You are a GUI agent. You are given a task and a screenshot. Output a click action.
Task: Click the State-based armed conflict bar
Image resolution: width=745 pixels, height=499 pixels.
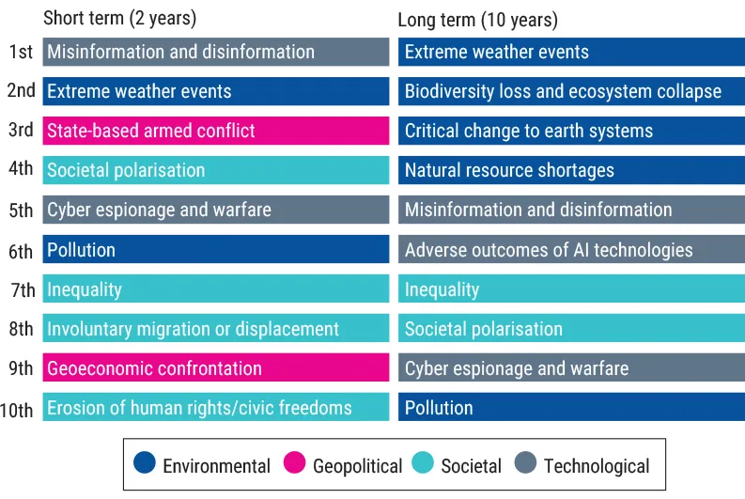(x=215, y=131)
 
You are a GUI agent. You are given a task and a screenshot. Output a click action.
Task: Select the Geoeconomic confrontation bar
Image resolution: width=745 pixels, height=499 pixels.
(x=215, y=368)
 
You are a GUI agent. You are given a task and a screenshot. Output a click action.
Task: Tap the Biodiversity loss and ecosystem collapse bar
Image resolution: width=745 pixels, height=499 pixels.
(x=571, y=91)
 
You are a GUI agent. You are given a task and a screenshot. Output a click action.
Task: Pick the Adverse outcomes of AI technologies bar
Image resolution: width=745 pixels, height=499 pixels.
(x=571, y=250)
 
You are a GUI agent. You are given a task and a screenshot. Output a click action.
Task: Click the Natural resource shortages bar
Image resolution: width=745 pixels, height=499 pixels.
(x=571, y=170)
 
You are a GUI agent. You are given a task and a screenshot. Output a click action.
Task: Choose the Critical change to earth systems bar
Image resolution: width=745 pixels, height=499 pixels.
(x=571, y=131)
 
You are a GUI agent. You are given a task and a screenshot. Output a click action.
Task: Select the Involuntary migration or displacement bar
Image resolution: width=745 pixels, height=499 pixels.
(x=215, y=329)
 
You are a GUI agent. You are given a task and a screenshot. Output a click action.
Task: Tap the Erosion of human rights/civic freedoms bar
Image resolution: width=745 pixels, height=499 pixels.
(x=215, y=408)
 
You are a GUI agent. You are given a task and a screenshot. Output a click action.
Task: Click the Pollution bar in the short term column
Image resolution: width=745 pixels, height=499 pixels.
(x=215, y=250)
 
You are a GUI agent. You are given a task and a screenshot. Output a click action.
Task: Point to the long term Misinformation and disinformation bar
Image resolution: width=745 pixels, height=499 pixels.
(x=571, y=210)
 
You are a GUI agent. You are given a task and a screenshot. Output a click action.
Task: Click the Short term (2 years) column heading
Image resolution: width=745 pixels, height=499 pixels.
(x=119, y=19)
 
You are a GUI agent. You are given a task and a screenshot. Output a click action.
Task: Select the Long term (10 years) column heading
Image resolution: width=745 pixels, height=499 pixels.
(x=477, y=20)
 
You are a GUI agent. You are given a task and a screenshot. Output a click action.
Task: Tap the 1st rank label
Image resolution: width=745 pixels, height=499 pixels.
(x=21, y=52)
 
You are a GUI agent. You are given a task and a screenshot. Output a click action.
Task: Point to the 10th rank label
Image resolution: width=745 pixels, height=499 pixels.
(x=17, y=409)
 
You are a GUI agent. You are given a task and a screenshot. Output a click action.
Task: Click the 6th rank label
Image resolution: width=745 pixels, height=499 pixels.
(x=21, y=251)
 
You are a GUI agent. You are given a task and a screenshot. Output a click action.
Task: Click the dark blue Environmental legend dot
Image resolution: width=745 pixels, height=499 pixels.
(x=145, y=464)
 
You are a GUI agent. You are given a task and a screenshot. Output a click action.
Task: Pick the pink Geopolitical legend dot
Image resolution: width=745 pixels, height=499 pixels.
(x=295, y=464)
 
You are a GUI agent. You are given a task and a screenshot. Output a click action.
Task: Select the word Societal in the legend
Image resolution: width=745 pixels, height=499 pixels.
(x=471, y=465)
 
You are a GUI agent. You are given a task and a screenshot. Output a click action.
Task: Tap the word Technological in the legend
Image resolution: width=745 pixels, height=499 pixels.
(x=597, y=465)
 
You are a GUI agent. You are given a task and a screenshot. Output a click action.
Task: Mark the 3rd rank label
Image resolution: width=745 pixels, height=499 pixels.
(x=21, y=131)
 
